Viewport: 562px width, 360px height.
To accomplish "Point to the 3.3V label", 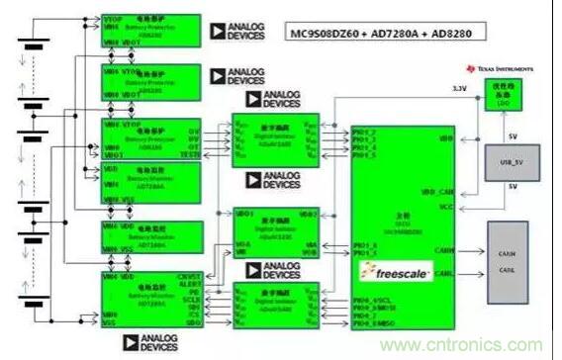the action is tap(458, 90).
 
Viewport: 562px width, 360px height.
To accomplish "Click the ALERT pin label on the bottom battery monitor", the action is tap(186, 284).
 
